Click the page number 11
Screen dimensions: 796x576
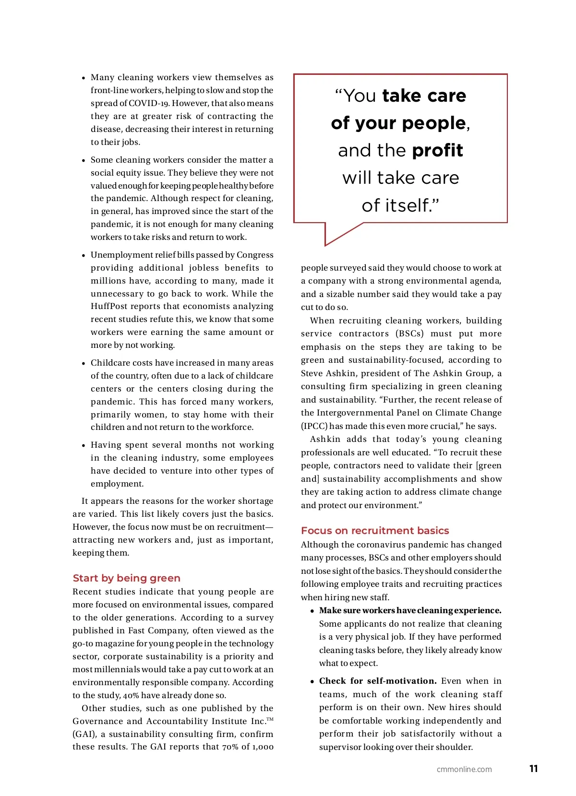click(x=533, y=769)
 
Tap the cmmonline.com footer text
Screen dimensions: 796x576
click(x=464, y=769)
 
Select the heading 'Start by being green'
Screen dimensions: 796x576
click(x=127, y=578)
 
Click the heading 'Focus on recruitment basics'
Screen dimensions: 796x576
click(x=375, y=530)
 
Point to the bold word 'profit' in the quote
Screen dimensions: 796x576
click(x=437, y=150)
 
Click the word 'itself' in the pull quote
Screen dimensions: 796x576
click(x=408, y=205)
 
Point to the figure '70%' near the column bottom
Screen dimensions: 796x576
click(x=229, y=747)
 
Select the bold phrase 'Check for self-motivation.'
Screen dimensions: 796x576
click(x=378, y=681)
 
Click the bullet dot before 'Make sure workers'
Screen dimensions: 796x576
click(x=312, y=611)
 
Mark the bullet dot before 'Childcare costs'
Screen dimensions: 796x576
click(x=84, y=363)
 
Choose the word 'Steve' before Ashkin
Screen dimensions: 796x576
click(x=313, y=373)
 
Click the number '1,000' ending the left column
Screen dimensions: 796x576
click(x=263, y=747)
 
